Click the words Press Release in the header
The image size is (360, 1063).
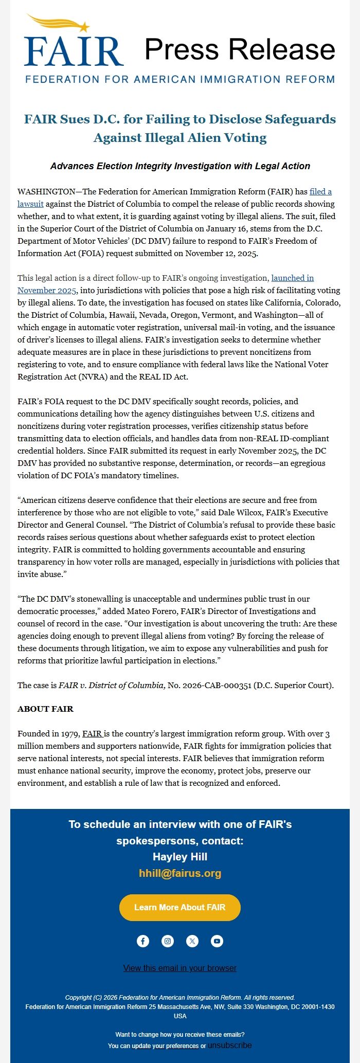coord(240,49)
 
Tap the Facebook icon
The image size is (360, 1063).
coord(143,941)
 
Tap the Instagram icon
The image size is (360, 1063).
coord(168,941)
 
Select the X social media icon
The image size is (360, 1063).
coord(192,941)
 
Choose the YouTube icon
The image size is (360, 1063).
coord(217,941)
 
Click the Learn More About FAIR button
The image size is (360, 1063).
coord(180,907)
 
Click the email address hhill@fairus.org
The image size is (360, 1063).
coord(180,873)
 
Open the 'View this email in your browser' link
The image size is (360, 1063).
coord(180,968)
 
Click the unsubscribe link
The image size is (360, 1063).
coord(230,1045)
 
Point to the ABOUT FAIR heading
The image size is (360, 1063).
coord(45,709)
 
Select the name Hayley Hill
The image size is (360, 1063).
coord(180,857)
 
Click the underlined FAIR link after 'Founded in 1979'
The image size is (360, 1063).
coord(92,733)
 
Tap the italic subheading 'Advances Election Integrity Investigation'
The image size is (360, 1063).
coord(180,166)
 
